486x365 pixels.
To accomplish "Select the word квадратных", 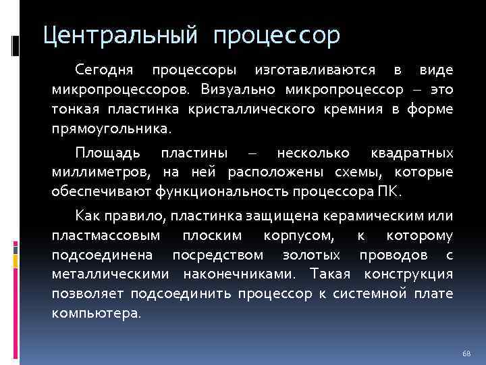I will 413,152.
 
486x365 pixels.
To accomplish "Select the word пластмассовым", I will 106,236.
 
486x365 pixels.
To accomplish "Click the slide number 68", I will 466,354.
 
